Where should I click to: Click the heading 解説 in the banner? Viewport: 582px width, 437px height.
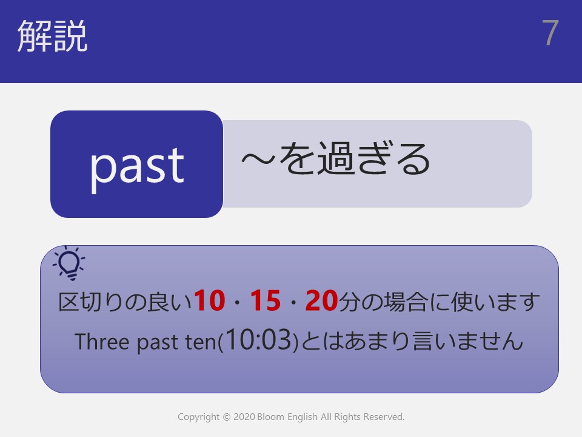(x=52, y=36)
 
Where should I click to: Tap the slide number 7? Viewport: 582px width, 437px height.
(x=550, y=33)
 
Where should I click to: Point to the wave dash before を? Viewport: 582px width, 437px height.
(x=258, y=160)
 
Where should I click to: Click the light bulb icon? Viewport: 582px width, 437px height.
(x=69, y=263)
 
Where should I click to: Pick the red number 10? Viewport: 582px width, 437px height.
(x=209, y=300)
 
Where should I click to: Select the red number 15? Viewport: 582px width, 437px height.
(x=266, y=300)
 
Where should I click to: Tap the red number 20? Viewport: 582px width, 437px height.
(x=321, y=300)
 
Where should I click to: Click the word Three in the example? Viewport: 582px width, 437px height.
(x=102, y=341)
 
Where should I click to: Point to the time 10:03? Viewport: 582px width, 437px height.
(x=258, y=339)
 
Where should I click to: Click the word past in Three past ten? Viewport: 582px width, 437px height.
(x=158, y=342)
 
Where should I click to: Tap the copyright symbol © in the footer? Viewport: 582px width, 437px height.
(x=226, y=418)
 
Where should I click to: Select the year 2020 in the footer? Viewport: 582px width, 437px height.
(x=244, y=417)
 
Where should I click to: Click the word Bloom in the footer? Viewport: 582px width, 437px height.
(x=270, y=417)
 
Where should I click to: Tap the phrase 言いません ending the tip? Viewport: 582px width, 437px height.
(x=467, y=341)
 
